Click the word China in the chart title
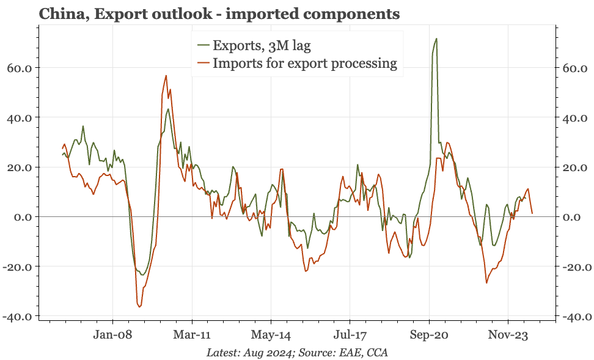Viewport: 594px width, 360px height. tap(63, 14)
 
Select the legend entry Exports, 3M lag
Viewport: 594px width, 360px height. tap(254, 45)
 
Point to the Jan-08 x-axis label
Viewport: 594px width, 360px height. tap(113, 335)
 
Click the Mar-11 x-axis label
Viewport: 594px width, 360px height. tap(192, 335)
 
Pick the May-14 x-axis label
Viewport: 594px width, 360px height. tap(271, 335)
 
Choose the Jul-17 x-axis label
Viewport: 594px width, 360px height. tap(350, 335)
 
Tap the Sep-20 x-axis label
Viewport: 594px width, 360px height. tap(429, 335)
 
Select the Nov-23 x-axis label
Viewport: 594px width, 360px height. tap(508, 335)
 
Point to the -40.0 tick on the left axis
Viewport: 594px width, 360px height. tap(18, 317)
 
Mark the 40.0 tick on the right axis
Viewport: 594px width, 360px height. tap(574, 118)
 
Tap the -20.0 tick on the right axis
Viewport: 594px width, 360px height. tap(576, 266)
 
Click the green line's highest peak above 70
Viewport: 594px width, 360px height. tap(436, 39)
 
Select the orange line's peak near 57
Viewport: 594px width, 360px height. tap(166, 76)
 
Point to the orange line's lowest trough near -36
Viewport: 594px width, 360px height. tap(139, 307)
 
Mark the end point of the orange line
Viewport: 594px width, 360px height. tap(532, 213)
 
